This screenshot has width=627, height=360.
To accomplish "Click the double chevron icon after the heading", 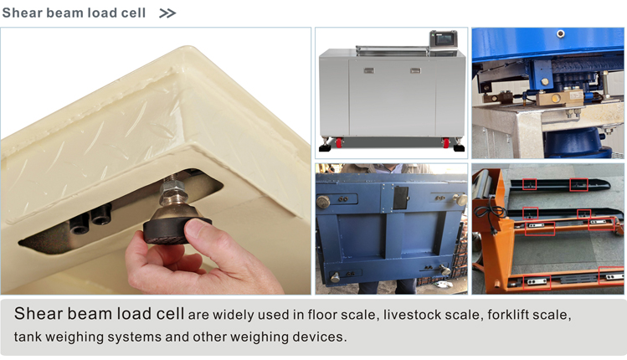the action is point(167,13).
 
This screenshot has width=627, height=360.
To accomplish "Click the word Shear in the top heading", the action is point(23,13).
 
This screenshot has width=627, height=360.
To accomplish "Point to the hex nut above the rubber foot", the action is point(172,188).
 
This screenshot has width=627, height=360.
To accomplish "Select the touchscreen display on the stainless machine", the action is point(443,39).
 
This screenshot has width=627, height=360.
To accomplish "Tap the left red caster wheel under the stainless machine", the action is point(339,142).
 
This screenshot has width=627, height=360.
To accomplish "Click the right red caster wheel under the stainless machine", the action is point(445,142).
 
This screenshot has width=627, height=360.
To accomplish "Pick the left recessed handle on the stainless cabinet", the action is point(368,71).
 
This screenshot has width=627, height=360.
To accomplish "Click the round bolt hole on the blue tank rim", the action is point(561,33).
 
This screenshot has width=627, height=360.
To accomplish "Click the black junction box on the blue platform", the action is point(400,198).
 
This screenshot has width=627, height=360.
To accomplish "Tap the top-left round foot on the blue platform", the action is point(323,202).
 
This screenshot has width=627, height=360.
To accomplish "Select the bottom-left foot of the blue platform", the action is point(335,276).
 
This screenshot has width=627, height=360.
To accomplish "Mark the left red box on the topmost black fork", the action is point(529,184).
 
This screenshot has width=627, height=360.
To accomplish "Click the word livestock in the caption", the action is point(412,315).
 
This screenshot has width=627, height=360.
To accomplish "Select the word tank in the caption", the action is point(28,337).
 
